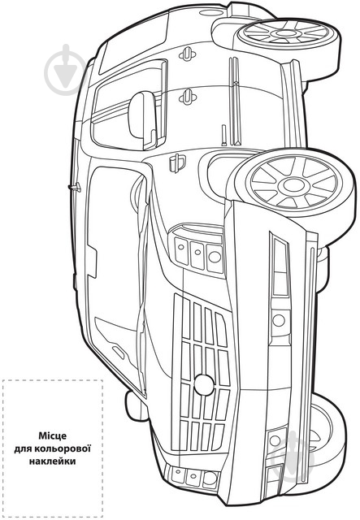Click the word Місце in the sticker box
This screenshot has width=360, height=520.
pos(53,435)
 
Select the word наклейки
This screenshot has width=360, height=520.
pos(53,461)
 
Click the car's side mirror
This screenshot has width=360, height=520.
pos(143,120)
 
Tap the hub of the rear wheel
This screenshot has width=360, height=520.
pos(284,32)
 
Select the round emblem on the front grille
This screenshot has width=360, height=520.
pos(204,384)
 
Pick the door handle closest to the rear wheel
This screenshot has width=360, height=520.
pos(187,54)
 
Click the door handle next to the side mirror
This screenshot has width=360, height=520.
pos(188,97)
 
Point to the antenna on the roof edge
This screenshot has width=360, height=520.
pos(74,188)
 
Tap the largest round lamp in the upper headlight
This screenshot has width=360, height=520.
pos(215,257)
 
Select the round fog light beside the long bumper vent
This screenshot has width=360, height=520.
pos(279,320)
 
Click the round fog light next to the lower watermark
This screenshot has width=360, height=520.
pos(275,440)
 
